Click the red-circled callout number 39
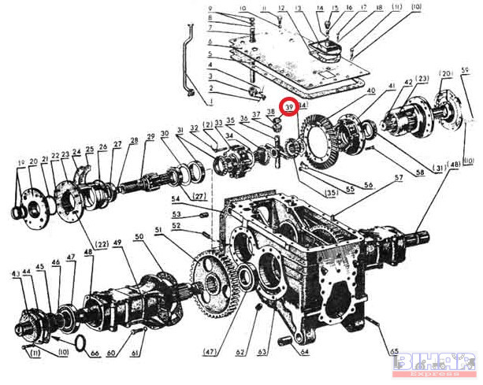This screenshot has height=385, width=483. click(289, 105)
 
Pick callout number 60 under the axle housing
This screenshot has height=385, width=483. click(110, 353)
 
